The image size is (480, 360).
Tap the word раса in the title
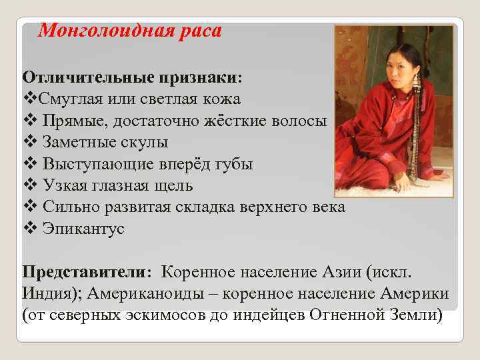point(201,31)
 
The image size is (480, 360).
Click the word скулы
point(145,142)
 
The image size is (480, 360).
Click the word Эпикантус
point(83,229)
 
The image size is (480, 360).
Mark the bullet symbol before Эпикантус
point(28,229)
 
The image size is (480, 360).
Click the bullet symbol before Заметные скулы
point(28,142)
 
